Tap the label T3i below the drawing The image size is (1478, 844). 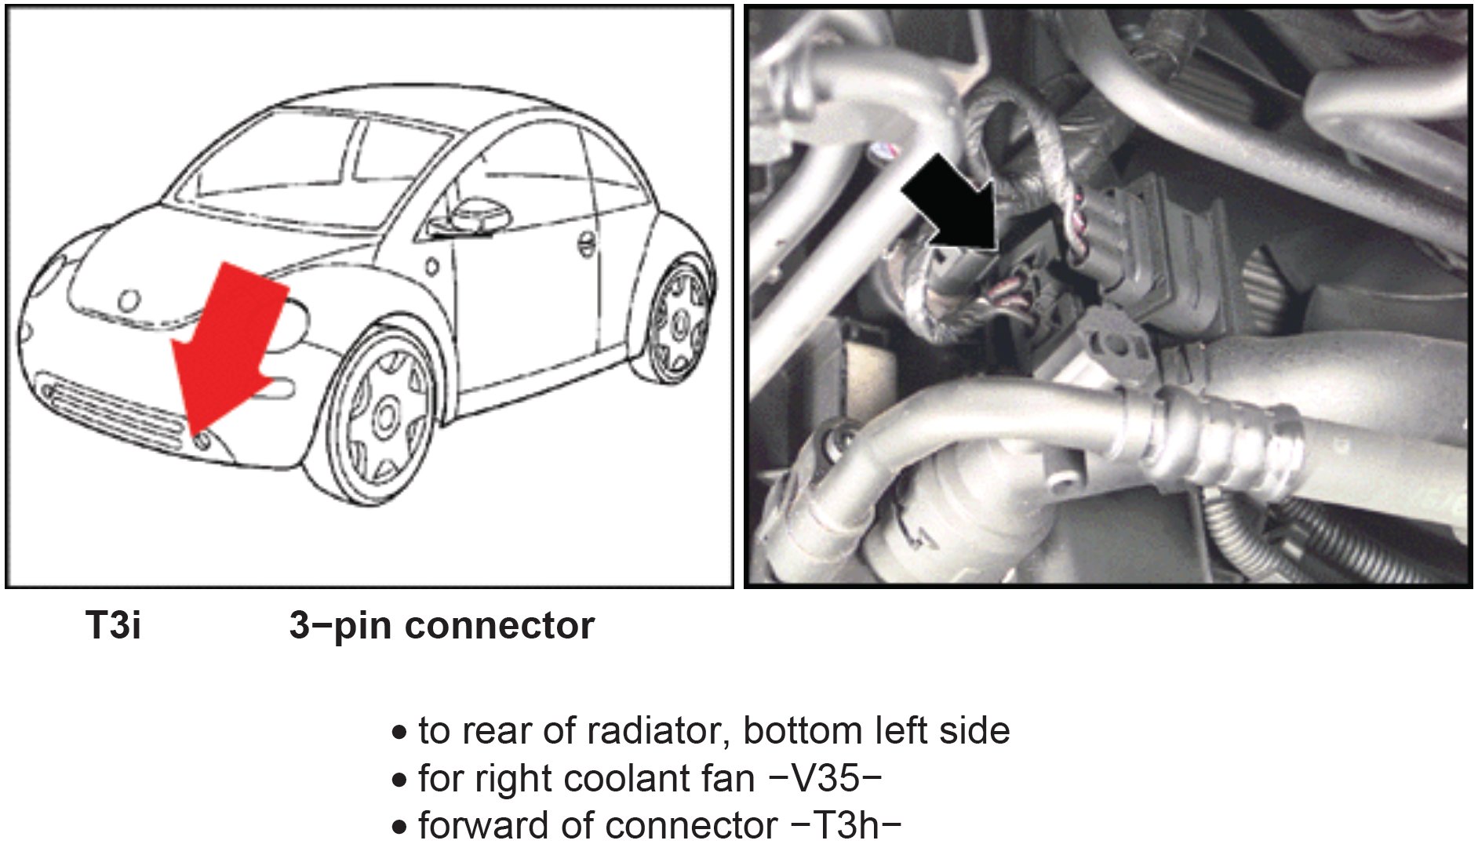tap(114, 626)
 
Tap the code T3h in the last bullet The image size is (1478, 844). tap(846, 825)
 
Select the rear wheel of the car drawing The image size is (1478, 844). tap(679, 322)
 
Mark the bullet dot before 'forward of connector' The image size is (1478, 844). tap(400, 827)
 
